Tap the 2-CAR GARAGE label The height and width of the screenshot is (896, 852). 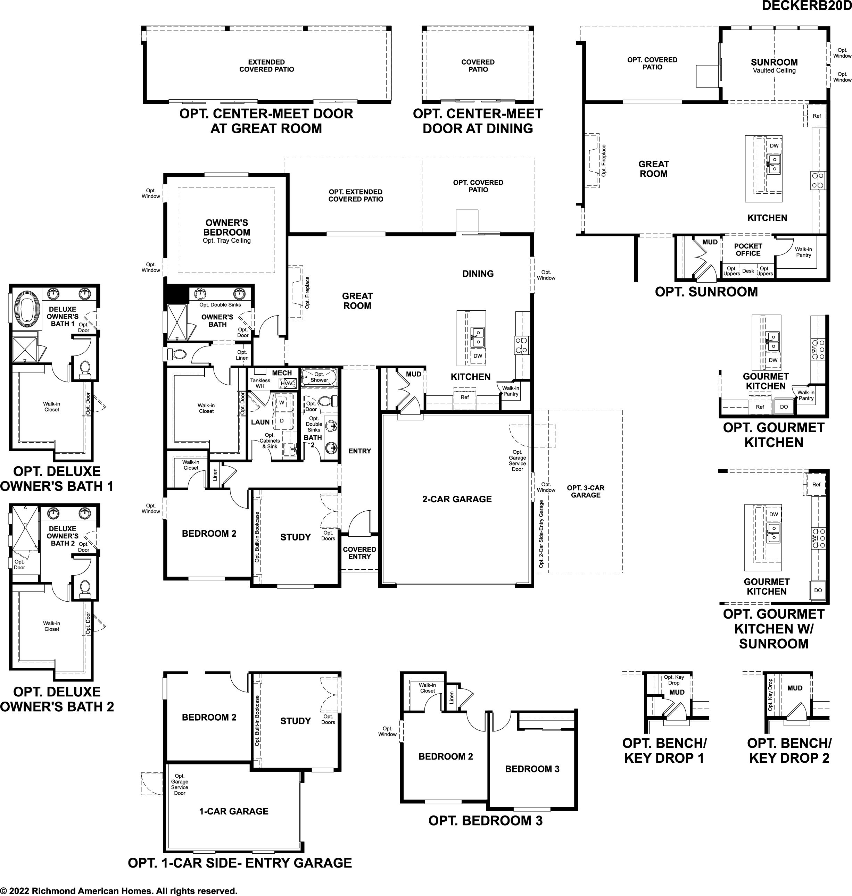pyautogui.click(x=457, y=499)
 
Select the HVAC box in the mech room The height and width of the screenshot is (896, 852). pyautogui.click(x=288, y=384)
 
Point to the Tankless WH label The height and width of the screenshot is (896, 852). pyautogui.click(x=260, y=384)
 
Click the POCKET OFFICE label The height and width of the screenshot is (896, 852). pyautogui.click(x=748, y=250)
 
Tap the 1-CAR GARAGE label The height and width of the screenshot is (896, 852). pyautogui.click(x=234, y=811)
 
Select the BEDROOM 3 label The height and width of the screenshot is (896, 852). pyautogui.click(x=532, y=769)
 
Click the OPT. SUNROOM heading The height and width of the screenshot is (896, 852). pyautogui.click(x=706, y=292)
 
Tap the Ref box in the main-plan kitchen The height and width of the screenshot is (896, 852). pyautogui.click(x=465, y=397)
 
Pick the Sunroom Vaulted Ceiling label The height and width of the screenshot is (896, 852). pyautogui.click(x=774, y=66)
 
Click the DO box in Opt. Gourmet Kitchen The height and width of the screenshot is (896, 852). pyautogui.click(x=784, y=407)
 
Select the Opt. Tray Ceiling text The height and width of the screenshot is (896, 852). pyautogui.click(x=226, y=241)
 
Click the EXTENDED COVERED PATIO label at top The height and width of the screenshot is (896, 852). pyautogui.click(x=267, y=66)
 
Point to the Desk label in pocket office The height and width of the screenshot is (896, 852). pyautogui.click(x=748, y=271)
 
